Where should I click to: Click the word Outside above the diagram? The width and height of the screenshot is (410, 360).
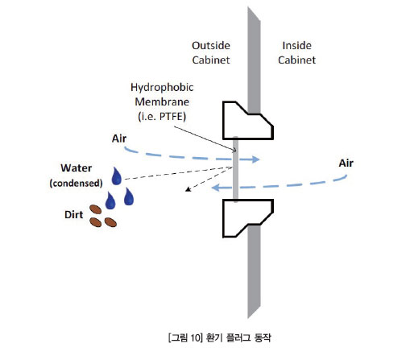211,46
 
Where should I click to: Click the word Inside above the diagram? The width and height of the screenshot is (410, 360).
297,46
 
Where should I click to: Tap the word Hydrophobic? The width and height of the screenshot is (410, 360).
162,88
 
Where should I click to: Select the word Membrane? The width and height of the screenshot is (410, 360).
162,101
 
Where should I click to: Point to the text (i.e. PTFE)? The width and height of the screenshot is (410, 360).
162,117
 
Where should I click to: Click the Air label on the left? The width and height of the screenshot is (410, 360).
119,139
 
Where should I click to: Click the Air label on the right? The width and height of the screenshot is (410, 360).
346,163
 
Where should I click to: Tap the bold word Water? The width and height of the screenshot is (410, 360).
77,168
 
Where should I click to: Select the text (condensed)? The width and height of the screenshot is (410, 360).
76,183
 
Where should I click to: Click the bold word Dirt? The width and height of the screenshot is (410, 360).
73,215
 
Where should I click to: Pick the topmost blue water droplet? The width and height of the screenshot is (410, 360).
116,176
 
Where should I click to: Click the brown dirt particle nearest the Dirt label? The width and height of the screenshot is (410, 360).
95,209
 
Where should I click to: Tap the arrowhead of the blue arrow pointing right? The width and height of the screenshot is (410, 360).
256,159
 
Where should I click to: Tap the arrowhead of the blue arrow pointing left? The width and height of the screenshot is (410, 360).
216,188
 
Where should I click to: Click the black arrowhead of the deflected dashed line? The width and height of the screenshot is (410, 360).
188,189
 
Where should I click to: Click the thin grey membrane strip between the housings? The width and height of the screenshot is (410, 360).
235,169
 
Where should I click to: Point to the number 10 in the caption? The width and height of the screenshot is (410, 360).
195,337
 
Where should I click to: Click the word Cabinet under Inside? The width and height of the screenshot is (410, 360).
296,60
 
